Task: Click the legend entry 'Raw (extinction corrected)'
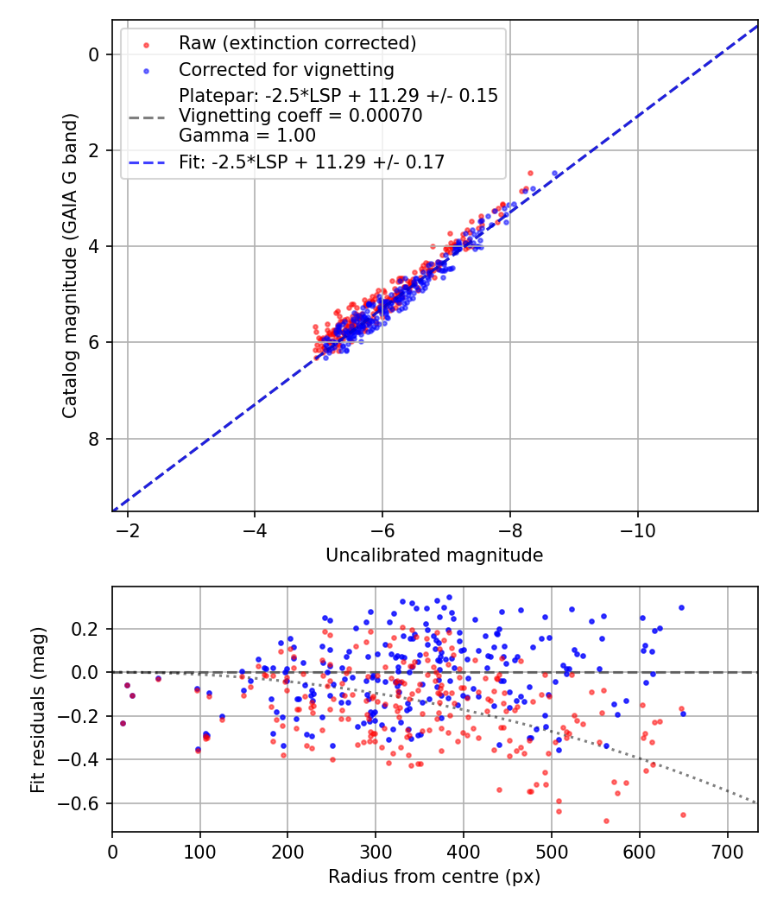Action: [297, 43]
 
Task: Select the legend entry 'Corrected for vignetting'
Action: [286, 69]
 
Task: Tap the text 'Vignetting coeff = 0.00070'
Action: [300, 116]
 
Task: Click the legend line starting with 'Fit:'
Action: [312, 162]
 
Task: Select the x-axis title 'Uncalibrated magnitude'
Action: [434, 555]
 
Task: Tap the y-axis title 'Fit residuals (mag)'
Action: [37, 709]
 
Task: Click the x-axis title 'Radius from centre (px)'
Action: [434, 877]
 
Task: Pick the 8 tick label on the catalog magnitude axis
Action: [95, 439]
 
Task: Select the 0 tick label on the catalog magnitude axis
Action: [95, 54]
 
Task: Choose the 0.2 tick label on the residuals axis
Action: [89, 628]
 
